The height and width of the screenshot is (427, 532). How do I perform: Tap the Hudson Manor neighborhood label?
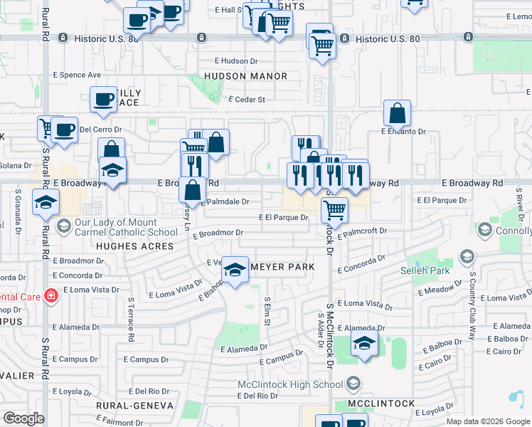point(245,76)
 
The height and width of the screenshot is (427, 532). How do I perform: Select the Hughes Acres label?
point(134,246)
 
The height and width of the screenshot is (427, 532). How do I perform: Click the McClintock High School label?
point(289,385)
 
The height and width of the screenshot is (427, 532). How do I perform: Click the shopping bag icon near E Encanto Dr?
point(397,112)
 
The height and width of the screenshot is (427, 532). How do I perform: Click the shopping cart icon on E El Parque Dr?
point(334,210)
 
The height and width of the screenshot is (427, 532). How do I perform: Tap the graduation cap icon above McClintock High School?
point(364,344)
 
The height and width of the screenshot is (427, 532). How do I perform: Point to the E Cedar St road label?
point(246,100)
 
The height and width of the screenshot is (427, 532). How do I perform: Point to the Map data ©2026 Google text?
point(487,421)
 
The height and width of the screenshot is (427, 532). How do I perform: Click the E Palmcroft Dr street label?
point(362,231)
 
